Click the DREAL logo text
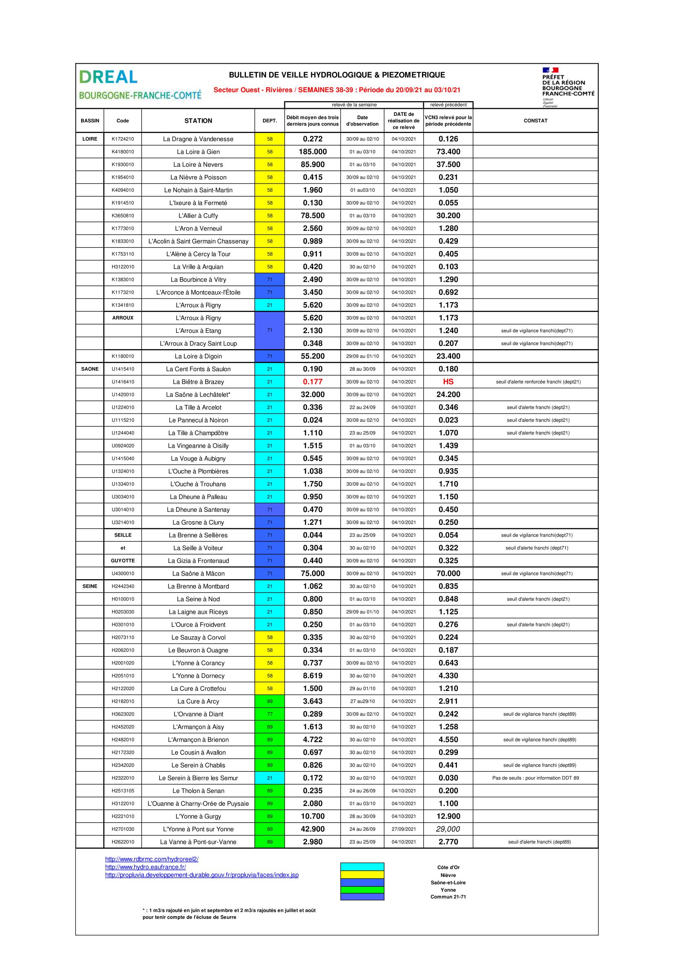[x=108, y=77]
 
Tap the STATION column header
[x=198, y=121]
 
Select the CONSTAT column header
[x=535, y=121]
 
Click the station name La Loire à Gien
[x=198, y=152]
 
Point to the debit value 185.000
[x=313, y=152]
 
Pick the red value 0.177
[x=313, y=382]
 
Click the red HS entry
[x=448, y=382]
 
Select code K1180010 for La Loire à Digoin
[x=122, y=356]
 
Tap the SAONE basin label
[x=90, y=369]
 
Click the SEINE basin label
[x=90, y=586]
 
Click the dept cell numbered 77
[x=270, y=714]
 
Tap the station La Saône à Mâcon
[x=198, y=574]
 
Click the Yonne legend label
[x=448, y=890]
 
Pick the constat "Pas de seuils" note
[x=535, y=778]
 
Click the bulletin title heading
[x=337, y=75]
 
